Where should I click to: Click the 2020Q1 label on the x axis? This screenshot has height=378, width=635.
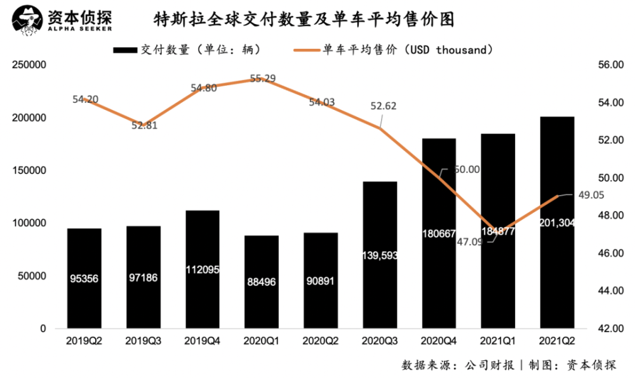coord(262,340)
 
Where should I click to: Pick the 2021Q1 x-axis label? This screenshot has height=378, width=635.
coord(498,340)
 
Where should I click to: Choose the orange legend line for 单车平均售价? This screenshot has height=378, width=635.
coord(307,49)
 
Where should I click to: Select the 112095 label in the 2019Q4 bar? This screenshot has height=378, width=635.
coord(203,269)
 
